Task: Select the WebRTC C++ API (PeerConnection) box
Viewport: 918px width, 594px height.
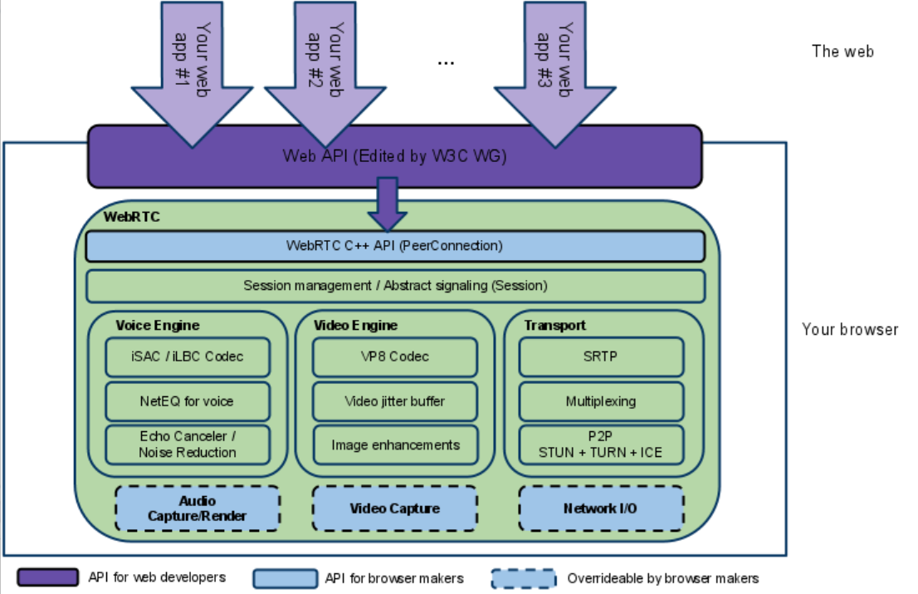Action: point(395,246)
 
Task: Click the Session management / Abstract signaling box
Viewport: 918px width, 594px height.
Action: point(395,286)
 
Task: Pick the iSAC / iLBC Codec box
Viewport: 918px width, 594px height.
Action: point(188,356)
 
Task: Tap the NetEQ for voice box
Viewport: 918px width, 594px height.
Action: point(188,402)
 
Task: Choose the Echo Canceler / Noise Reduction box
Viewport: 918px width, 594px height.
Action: point(188,445)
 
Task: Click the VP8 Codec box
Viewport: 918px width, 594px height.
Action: point(395,356)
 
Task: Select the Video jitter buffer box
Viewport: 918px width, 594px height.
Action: point(395,402)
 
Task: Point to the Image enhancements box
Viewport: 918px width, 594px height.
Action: point(395,445)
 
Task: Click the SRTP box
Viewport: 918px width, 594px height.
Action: point(601,356)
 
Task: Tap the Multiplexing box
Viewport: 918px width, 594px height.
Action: point(601,402)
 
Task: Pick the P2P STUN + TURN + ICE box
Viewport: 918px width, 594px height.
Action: point(601,445)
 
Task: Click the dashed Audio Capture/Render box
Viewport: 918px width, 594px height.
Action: point(198,508)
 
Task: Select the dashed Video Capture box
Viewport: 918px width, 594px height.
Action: point(395,508)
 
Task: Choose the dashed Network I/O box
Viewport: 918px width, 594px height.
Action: point(601,508)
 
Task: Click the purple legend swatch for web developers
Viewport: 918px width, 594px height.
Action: point(48,577)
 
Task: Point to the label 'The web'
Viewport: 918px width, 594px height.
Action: point(842,52)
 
